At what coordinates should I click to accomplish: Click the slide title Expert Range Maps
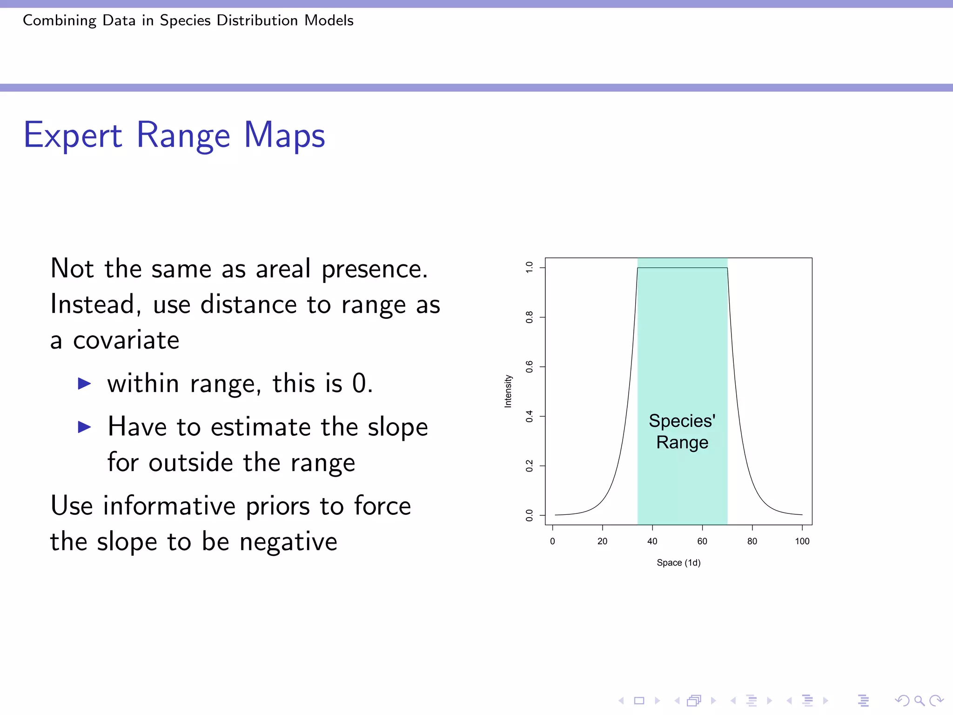[x=174, y=135]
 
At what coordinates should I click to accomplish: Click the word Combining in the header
[x=59, y=20]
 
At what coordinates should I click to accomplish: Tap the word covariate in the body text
[x=126, y=340]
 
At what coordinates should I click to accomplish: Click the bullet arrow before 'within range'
[x=84, y=384]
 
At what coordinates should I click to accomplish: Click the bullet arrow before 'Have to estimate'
[x=84, y=426]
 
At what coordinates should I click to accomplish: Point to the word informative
[x=169, y=506]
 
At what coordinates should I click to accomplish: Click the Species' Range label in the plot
[x=682, y=432]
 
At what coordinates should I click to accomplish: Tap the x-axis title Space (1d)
[x=678, y=563]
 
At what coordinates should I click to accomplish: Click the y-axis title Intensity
[x=508, y=391]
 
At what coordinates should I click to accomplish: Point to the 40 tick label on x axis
[x=652, y=541]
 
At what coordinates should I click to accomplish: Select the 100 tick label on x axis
[x=802, y=541]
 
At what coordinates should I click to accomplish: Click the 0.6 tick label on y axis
[x=530, y=367]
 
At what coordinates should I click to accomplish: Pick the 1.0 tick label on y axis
[x=530, y=267]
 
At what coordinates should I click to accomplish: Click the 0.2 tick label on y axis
[x=530, y=466]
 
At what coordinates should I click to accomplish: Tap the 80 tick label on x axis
[x=752, y=541]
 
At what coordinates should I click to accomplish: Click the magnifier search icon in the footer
[x=919, y=700]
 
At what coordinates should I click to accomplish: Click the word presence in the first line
[x=375, y=269]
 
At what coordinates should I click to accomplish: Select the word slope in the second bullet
[x=397, y=427]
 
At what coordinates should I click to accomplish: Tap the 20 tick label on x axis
[x=602, y=541]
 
